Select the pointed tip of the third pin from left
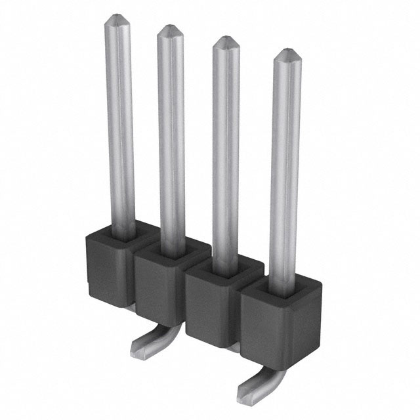[226, 41]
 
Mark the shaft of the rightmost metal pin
[285, 171]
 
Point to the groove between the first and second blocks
[134, 276]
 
